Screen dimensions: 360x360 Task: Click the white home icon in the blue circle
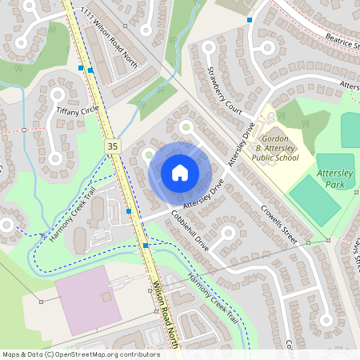click(179, 173)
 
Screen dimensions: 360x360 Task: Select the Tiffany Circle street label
click(77, 110)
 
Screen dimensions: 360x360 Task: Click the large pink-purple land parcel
click(83, 300)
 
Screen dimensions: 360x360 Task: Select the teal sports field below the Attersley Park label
click(314, 200)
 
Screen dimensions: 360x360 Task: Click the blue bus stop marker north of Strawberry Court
click(250, 19)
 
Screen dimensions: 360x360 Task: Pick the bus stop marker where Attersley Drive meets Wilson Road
click(129, 211)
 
